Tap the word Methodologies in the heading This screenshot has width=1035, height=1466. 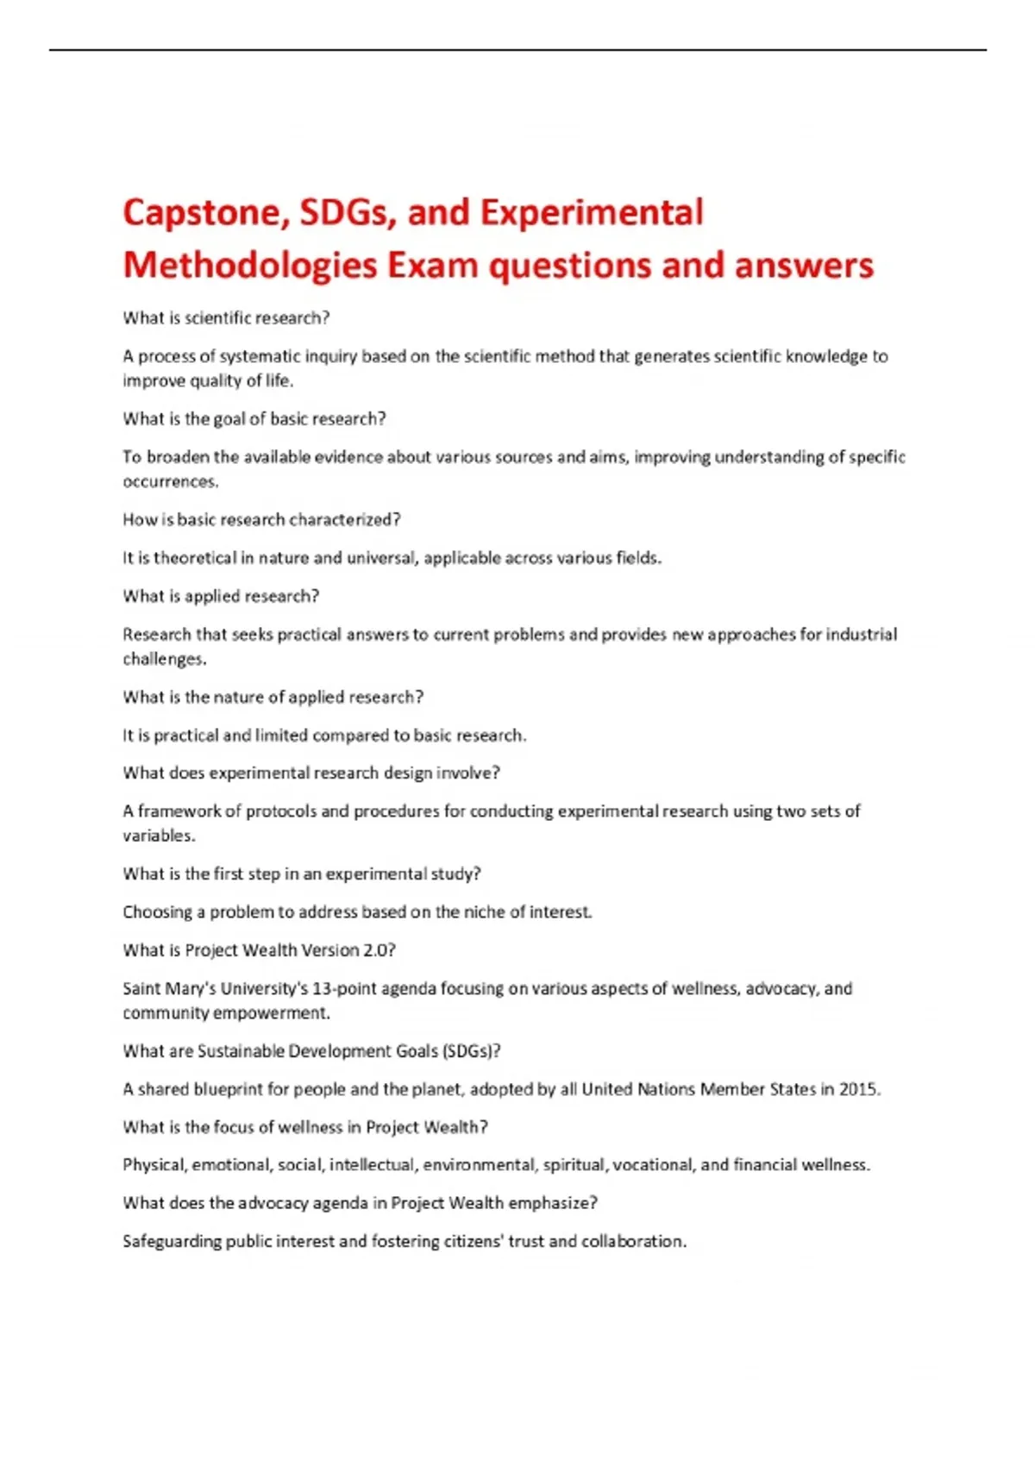click(249, 266)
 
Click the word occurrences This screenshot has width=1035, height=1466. click(170, 481)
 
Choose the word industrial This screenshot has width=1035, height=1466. click(861, 635)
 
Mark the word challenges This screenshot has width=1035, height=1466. click(164, 659)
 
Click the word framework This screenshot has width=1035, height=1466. click(179, 811)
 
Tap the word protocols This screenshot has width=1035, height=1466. click(280, 811)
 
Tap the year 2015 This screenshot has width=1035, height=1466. click(859, 1089)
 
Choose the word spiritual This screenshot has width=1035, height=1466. click(575, 1165)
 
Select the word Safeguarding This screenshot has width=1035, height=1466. click(172, 1242)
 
